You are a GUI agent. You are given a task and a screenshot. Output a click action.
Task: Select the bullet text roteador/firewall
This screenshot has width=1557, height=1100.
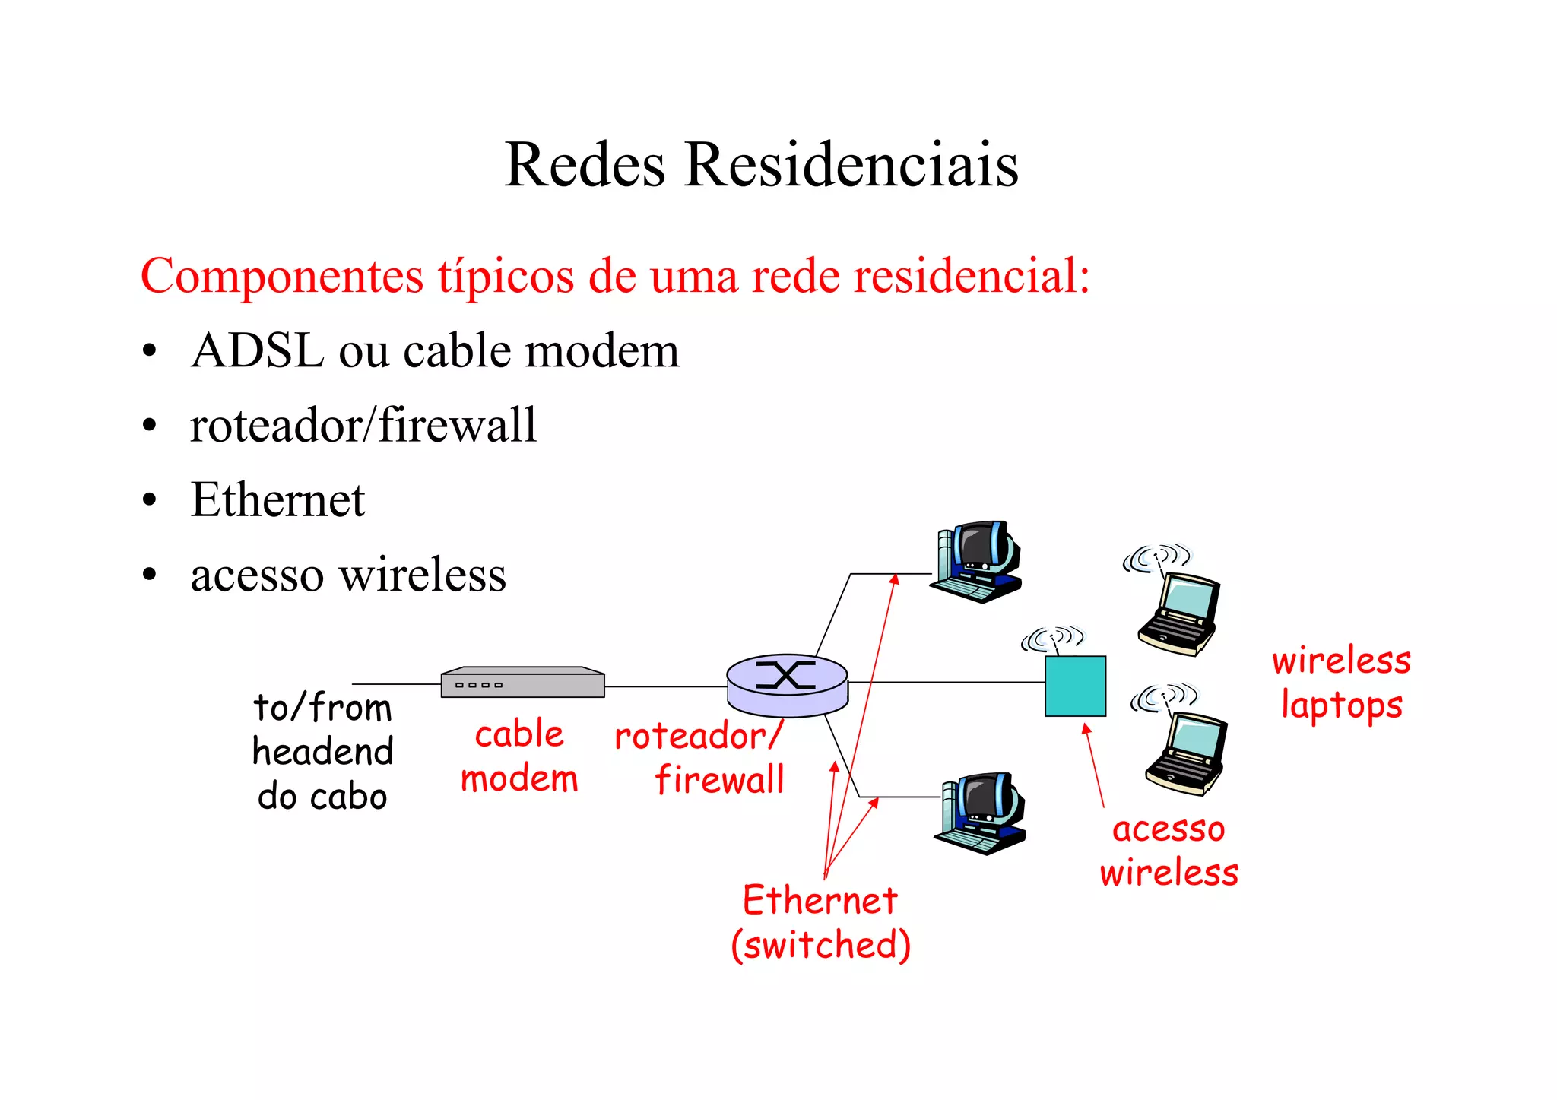click(x=363, y=425)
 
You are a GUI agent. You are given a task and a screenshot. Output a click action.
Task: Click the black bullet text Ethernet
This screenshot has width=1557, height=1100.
click(x=277, y=499)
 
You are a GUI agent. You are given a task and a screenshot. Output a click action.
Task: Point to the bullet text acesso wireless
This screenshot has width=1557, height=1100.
click(x=348, y=574)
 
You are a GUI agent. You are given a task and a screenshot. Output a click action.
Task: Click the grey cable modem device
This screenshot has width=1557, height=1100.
click(x=522, y=682)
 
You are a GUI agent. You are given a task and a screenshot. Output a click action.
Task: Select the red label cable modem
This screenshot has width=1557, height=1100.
click(x=519, y=756)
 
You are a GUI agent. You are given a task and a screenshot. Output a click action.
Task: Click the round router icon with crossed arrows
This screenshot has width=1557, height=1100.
click(x=787, y=684)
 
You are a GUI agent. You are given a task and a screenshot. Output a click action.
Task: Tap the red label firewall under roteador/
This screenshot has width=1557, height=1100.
click(x=719, y=780)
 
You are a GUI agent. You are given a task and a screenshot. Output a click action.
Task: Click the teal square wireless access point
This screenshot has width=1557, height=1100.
click(x=1075, y=686)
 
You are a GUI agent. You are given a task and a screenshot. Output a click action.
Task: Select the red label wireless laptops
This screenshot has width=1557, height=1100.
click(x=1341, y=682)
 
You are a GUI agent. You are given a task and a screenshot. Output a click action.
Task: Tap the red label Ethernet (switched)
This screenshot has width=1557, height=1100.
click(x=820, y=922)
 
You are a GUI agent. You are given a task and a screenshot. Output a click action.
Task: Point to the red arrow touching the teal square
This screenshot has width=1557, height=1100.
click(x=1094, y=764)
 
